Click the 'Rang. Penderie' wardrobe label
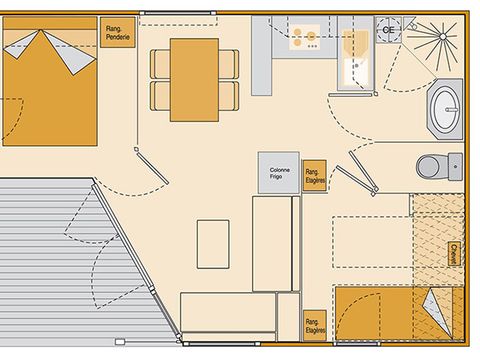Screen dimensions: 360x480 click(118, 34)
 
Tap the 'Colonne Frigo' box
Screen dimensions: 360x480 click(279, 172)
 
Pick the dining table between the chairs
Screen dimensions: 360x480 click(194, 79)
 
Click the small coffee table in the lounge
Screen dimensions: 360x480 click(213, 243)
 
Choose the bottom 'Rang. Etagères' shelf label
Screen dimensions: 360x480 click(316, 322)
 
